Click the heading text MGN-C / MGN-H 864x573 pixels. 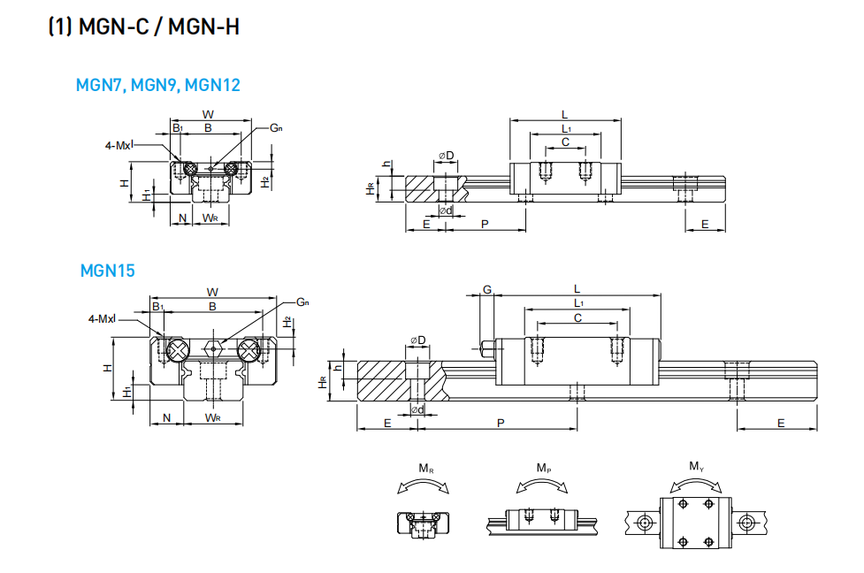click(143, 27)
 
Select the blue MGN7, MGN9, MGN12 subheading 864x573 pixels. click(157, 86)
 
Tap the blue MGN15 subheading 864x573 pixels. click(107, 271)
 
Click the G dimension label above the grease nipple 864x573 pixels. click(486, 290)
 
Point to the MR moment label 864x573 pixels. click(425, 467)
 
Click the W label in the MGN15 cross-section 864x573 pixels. click(212, 291)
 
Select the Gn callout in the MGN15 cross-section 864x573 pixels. click(302, 302)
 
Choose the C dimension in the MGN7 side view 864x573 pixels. click(565, 141)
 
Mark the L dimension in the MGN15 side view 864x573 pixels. click(577, 289)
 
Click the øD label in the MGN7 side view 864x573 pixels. click(446, 157)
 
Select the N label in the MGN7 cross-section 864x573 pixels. click(182, 218)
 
